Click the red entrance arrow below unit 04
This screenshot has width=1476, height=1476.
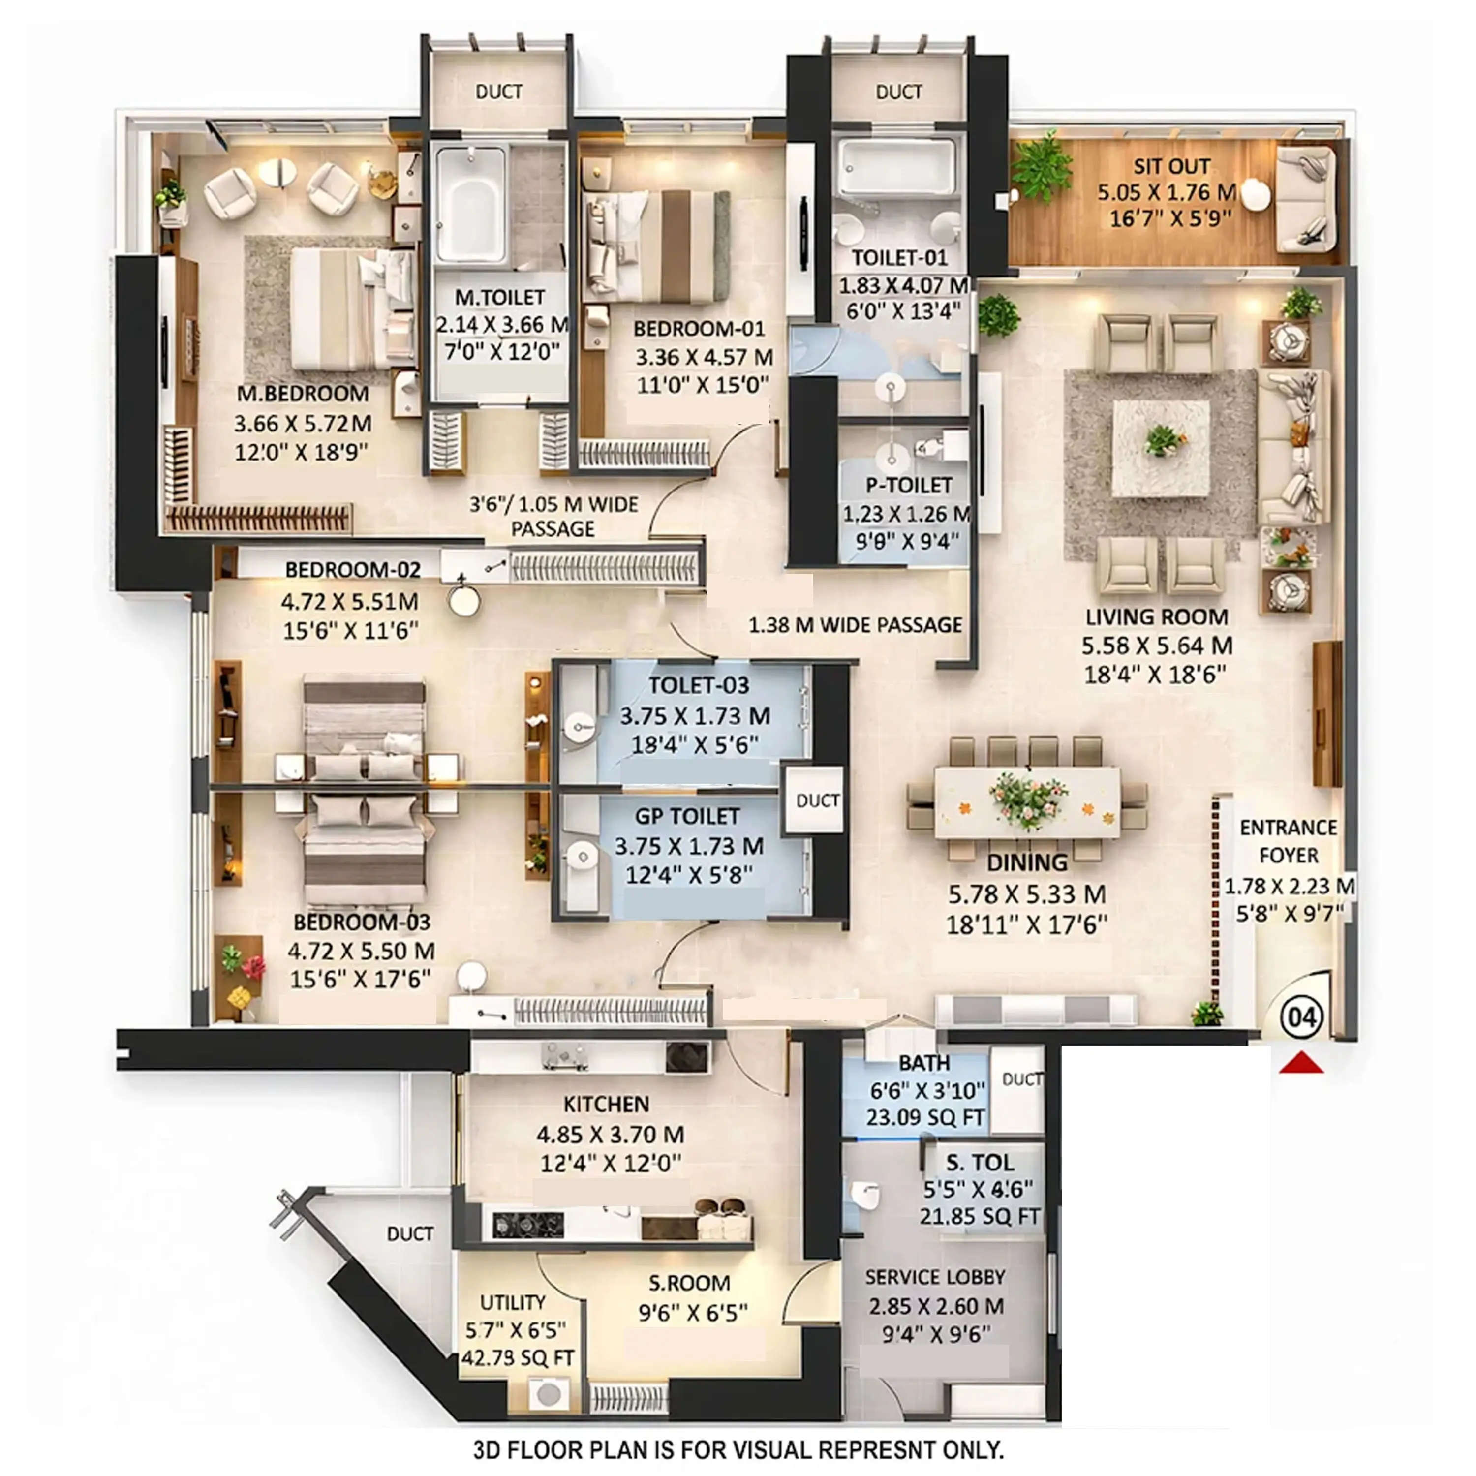click(1301, 1063)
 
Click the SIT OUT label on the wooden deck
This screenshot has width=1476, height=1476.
click(1171, 167)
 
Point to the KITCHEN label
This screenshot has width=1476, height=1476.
click(606, 1104)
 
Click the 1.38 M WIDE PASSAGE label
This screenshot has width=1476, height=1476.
click(855, 625)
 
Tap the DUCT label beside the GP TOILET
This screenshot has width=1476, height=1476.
click(817, 800)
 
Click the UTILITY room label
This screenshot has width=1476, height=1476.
click(513, 1303)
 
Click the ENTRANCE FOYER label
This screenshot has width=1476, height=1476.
click(1288, 841)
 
